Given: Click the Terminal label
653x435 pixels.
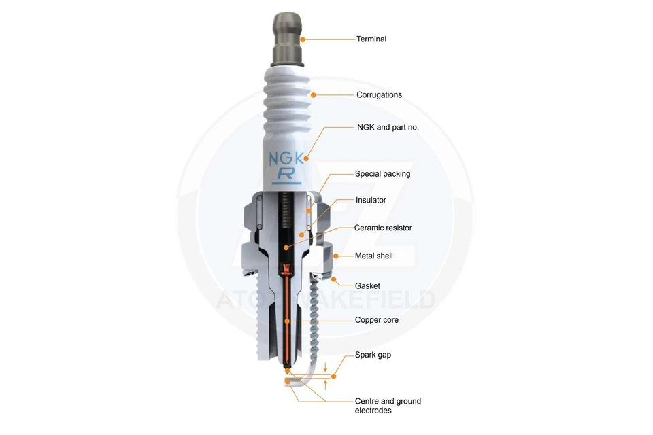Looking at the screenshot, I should coord(371,39).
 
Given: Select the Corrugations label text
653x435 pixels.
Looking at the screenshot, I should coord(379,95).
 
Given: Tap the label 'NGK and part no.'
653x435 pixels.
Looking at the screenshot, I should coord(388,127).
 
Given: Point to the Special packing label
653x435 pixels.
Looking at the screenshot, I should coord(382,174).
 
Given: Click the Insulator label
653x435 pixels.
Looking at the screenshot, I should coord(371,201).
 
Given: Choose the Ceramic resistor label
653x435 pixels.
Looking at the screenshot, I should coord(383,228).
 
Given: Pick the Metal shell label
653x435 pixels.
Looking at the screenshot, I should coord(373,256).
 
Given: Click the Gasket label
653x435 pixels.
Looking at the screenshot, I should coord(367,286).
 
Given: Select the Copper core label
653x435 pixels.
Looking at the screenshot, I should coord(376,320).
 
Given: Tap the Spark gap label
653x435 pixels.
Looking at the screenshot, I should coord(373,355).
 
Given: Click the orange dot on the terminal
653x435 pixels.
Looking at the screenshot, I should coord(303,39).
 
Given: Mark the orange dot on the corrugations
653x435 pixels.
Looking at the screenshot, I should coord(314,95).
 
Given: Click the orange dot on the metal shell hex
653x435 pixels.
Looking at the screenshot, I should coord(336,256).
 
